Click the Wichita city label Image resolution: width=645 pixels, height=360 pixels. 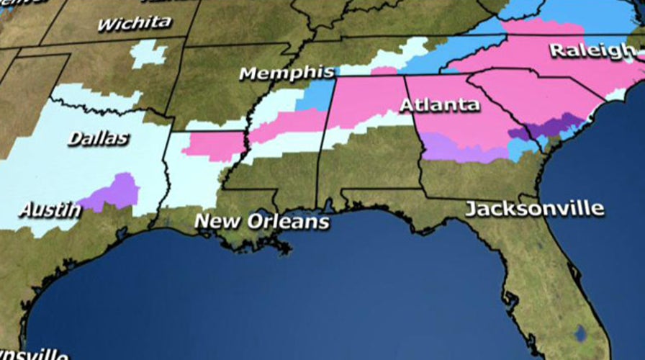(135, 23)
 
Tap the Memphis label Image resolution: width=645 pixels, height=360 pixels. (287, 73)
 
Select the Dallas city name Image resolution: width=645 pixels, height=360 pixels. (98, 138)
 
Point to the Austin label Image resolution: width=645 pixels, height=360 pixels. (50, 210)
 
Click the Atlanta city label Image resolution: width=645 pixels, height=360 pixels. (439, 104)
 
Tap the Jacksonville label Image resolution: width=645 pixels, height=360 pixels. (534, 209)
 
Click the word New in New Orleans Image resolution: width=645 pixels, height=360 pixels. (217, 221)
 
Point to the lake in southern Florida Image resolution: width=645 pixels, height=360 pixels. (580, 333)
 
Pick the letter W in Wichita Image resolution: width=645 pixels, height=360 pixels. (105, 24)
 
